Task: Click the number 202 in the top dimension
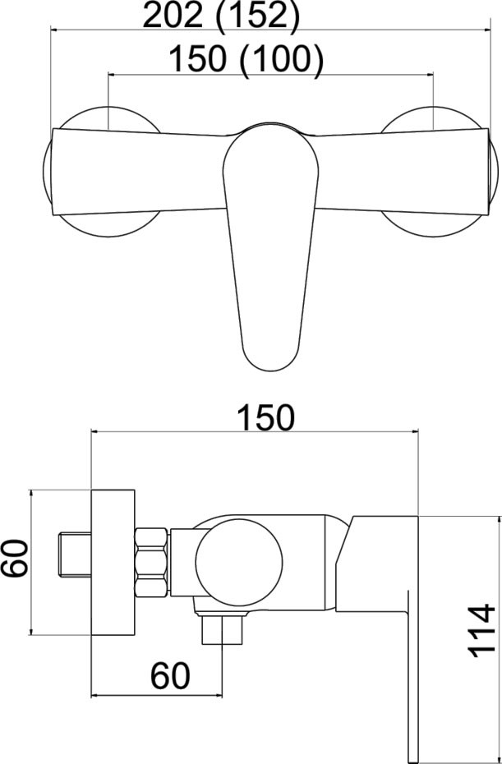click(174, 16)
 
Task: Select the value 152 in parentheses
click(256, 17)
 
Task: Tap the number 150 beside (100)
click(198, 59)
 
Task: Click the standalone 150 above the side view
click(266, 417)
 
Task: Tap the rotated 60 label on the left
click(14, 559)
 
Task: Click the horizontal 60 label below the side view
click(170, 676)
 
